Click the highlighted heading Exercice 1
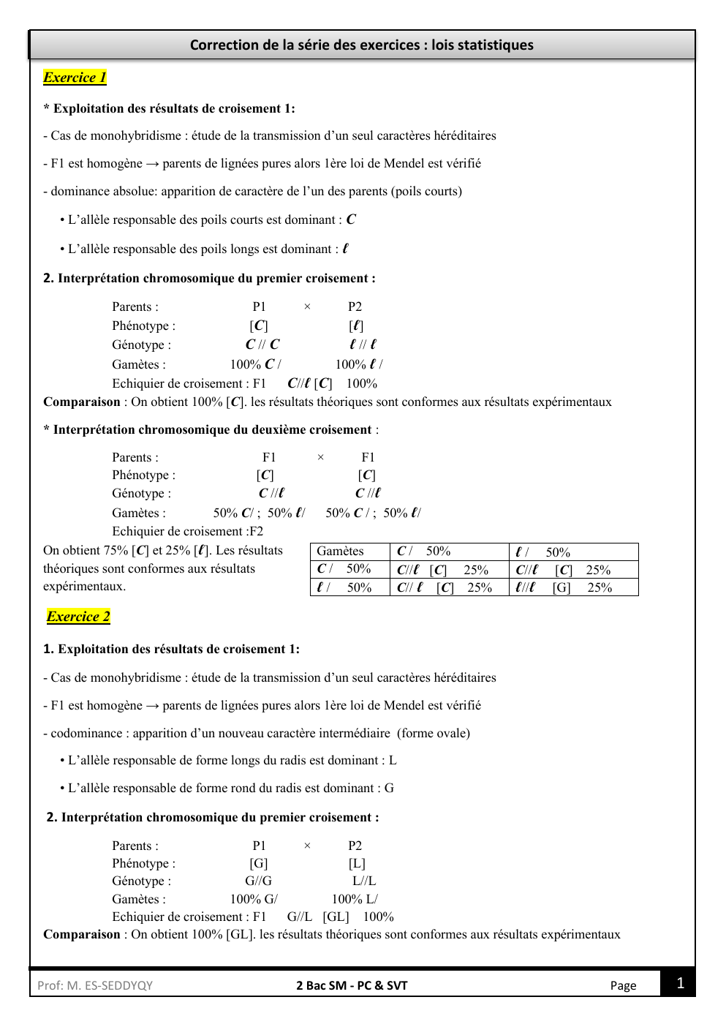75,78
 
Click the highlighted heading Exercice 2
78,617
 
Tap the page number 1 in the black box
680,983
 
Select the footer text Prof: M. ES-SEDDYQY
95,985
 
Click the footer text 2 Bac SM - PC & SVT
352,985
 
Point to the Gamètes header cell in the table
340,552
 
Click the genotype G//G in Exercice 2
258,881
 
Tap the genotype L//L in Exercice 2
364,881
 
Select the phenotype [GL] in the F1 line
336,917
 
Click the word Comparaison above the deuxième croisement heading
81,402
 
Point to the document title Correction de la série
361,45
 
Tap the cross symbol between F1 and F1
320,458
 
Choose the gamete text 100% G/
254,900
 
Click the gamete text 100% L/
355,900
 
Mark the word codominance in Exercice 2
86,734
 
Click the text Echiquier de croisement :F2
187,532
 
